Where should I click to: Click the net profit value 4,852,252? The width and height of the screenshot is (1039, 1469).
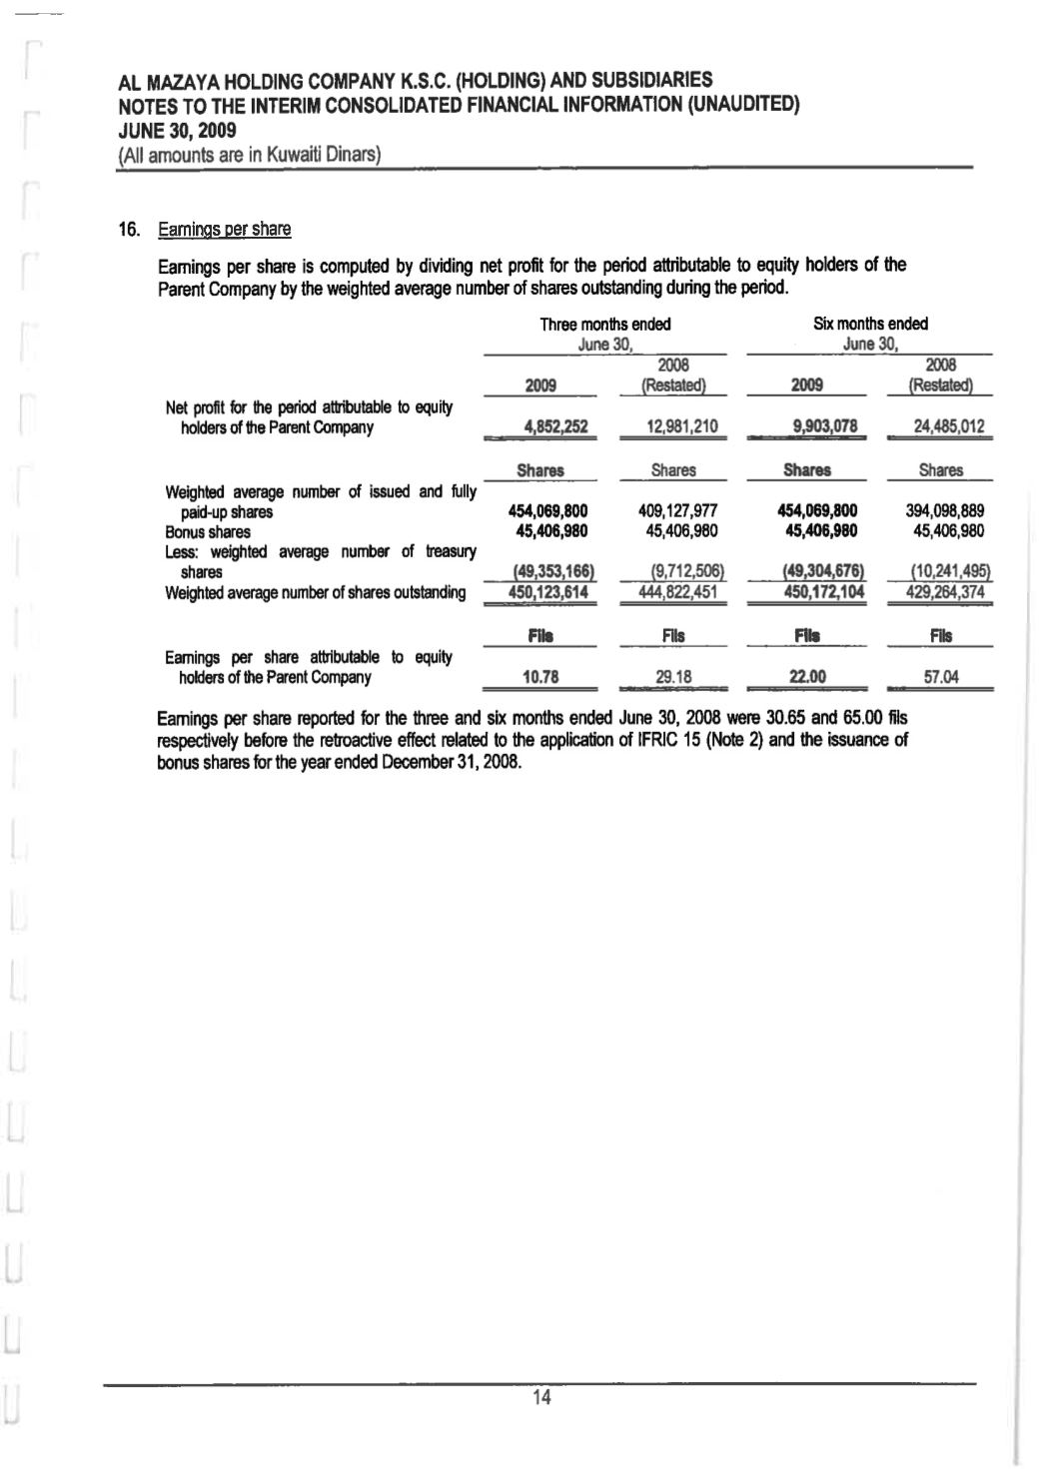click(x=555, y=427)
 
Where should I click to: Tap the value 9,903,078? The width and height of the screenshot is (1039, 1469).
click(x=824, y=427)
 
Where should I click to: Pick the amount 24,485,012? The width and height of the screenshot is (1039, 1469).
click(x=948, y=427)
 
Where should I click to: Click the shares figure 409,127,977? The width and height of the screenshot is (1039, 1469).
click(x=677, y=511)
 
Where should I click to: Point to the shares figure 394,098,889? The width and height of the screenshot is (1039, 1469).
click(x=945, y=511)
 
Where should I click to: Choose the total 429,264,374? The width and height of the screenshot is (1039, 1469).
click(x=945, y=593)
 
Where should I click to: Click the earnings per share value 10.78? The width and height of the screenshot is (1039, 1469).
click(x=540, y=677)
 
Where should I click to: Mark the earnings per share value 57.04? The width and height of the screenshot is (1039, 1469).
click(x=941, y=677)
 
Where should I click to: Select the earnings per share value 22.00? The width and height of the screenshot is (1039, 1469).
click(x=807, y=677)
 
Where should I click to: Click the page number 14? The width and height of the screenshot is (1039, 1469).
click(x=541, y=1398)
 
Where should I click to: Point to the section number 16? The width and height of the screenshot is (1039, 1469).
click(x=130, y=230)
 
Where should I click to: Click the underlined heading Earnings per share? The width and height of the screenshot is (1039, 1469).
click(x=224, y=230)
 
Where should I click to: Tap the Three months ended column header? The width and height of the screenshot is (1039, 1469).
click(x=605, y=324)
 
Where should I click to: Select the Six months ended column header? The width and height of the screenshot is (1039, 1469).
click(x=870, y=324)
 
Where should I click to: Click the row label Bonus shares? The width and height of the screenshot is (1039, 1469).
click(x=208, y=532)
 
